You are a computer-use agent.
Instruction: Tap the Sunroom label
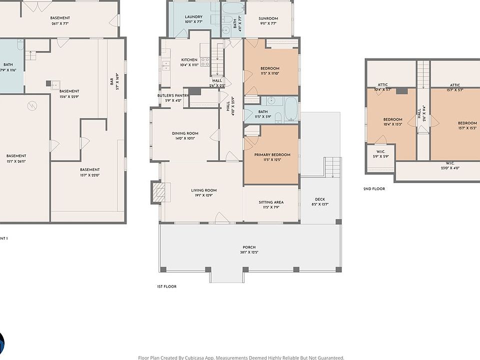(x=268, y=19)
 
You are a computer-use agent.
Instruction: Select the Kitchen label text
(x=189, y=60)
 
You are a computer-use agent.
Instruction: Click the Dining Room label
(x=185, y=133)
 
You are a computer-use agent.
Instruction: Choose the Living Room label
(x=203, y=190)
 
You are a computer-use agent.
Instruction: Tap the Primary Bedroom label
(x=272, y=155)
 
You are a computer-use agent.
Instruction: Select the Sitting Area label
(x=271, y=202)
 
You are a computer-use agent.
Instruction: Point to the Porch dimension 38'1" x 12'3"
(x=249, y=252)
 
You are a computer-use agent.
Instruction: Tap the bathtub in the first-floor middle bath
(x=290, y=108)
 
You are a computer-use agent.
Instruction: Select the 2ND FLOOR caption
(x=374, y=189)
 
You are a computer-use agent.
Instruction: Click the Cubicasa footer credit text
(x=241, y=357)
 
